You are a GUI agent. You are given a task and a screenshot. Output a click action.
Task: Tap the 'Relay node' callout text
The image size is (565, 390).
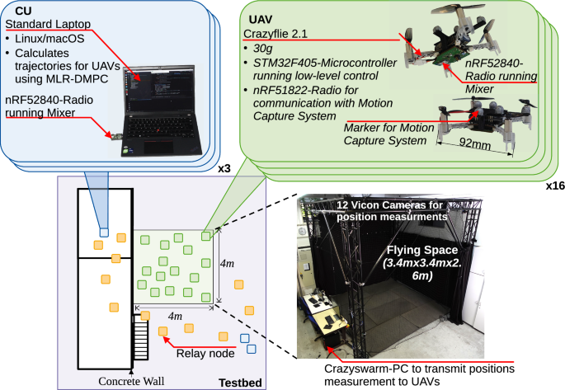coord(205,353)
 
